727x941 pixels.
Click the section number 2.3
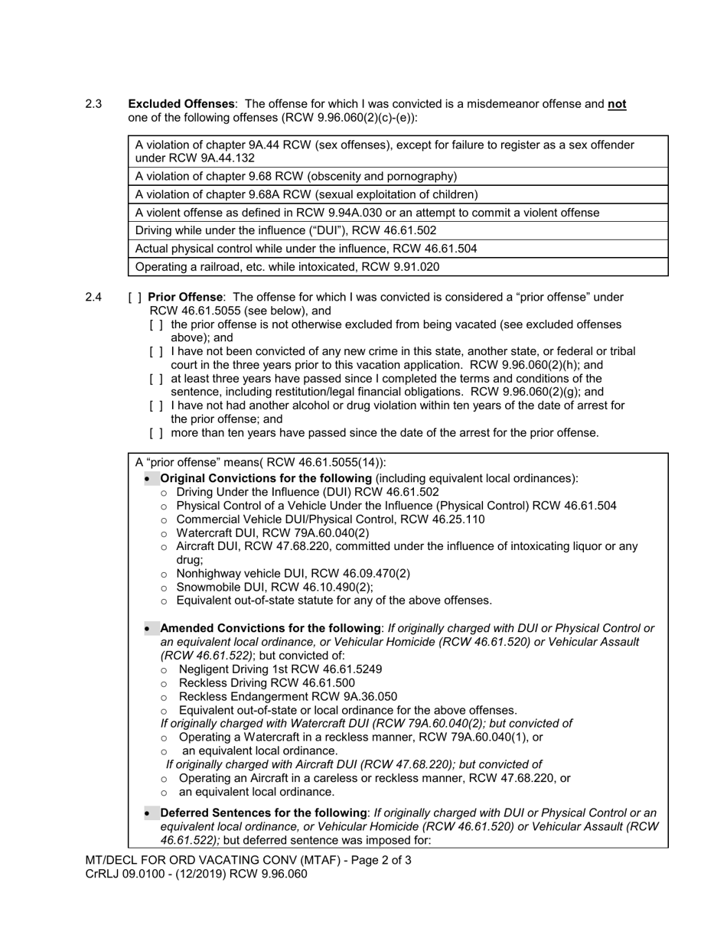click(x=93, y=104)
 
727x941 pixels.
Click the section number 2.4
click(x=93, y=297)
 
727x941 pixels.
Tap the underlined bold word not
click(x=617, y=104)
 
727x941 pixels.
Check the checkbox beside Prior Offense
click(x=135, y=297)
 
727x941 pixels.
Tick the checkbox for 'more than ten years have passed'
click(x=156, y=433)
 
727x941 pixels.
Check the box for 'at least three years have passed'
click(x=156, y=379)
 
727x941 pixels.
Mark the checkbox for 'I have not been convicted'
click(x=156, y=351)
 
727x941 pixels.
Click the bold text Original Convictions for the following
click(x=266, y=478)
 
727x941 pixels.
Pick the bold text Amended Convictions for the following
click(x=270, y=628)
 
